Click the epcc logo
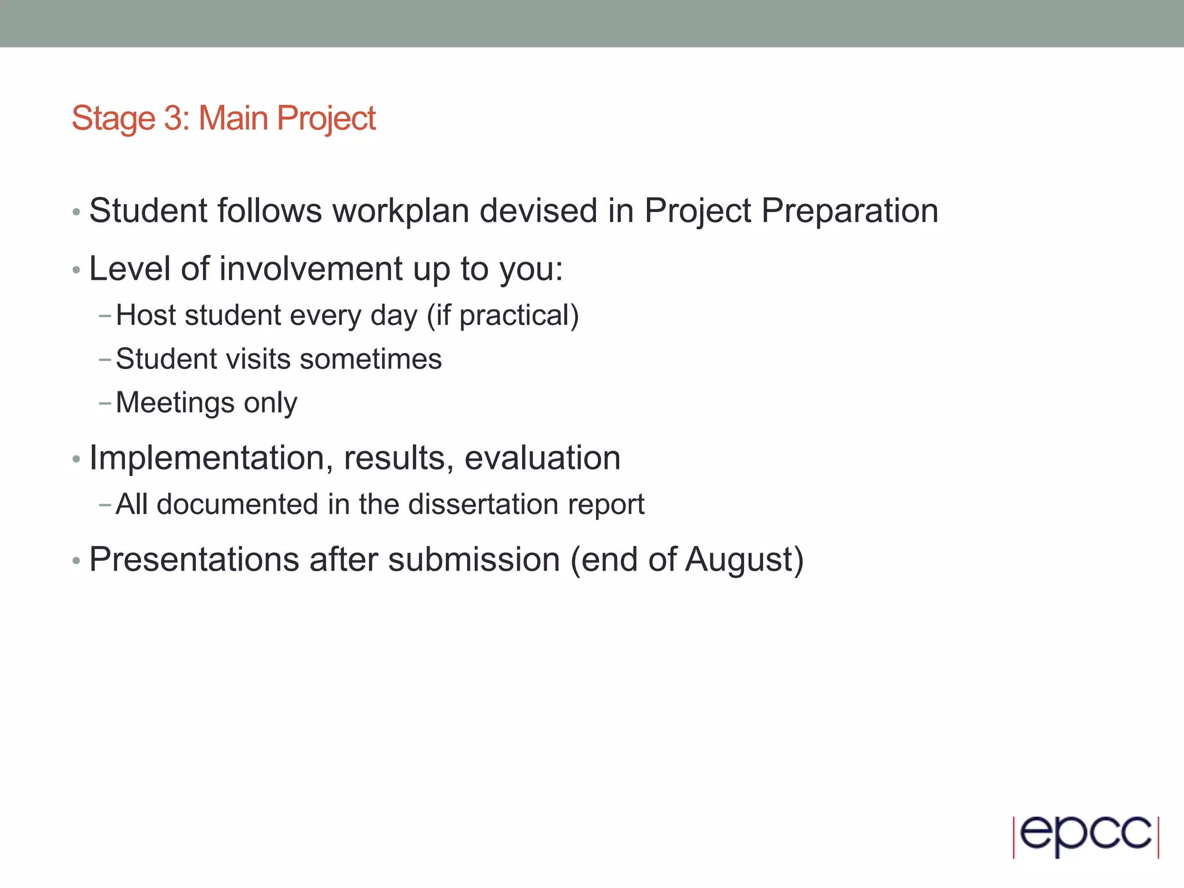(x=1086, y=836)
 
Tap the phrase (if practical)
(x=502, y=316)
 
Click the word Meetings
(x=175, y=404)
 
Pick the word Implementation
(x=206, y=458)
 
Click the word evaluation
(x=542, y=458)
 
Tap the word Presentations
(x=194, y=560)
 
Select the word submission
(x=473, y=560)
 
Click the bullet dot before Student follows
(x=76, y=213)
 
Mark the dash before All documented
(x=105, y=505)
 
